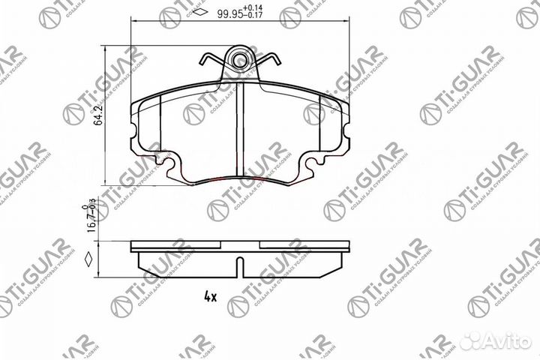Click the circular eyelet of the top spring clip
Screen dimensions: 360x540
tap(240, 59)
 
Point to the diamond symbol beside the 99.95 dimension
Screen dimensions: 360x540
tap(200, 13)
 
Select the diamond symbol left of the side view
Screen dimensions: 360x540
tap(89, 262)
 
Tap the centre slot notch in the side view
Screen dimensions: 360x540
tap(238, 265)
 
